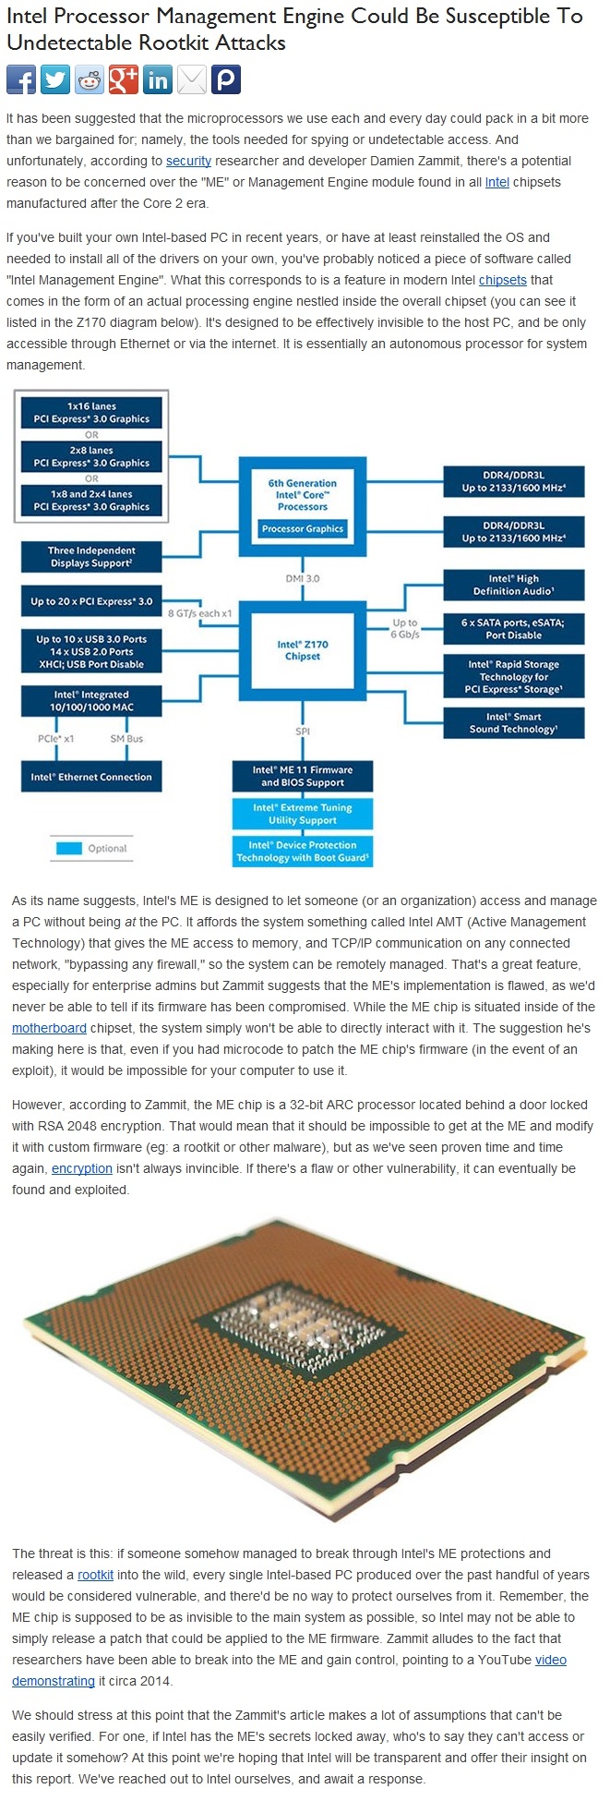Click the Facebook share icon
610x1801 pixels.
click(x=21, y=80)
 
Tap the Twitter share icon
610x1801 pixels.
click(x=55, y=80)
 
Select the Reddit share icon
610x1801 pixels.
click(x=90, y=80)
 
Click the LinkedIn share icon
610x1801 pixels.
click(x=158, y=80)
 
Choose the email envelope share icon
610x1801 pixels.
click(x=192, y=80)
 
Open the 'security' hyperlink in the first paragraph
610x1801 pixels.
click(x=188, y=161)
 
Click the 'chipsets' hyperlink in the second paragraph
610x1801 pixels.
click(x=503, y=280)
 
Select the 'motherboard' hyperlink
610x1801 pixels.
click(x=49, y=1028)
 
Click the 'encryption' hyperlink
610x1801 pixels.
click(x=82, y=1168)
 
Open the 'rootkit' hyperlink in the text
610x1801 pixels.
click(x=96, y=1575)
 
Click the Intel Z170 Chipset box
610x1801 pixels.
click(x=303, y=650)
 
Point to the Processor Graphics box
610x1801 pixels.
click(x=303, y=529)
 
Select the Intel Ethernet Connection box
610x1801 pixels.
click(x=91, y=777)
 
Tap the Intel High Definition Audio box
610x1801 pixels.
click(x=513, y=585)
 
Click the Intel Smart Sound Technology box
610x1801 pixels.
click(x=513, y=722)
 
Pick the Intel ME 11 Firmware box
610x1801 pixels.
click(x=303, y=776)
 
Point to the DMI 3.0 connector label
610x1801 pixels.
click(x=303, y=578)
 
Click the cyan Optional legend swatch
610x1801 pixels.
click(x=68, y=848)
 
